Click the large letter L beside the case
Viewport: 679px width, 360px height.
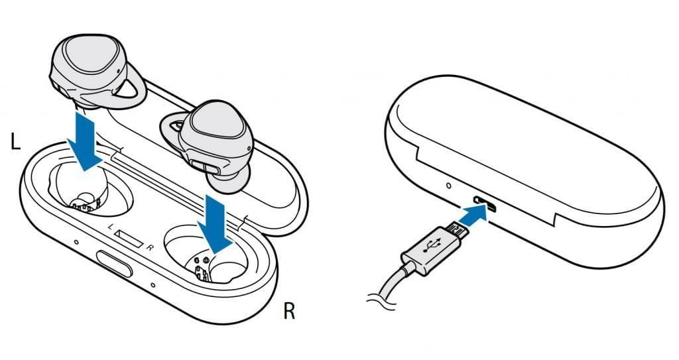coord(15,142)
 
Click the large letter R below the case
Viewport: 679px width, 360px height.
coord(289,311)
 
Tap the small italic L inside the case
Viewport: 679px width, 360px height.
coord(111,226)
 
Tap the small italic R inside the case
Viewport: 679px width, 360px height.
coord(149,248)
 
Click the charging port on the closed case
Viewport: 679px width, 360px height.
coord(485,202)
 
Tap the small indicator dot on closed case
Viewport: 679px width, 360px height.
coord(449,186)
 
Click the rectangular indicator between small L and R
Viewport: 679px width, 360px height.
coord(129,237)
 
